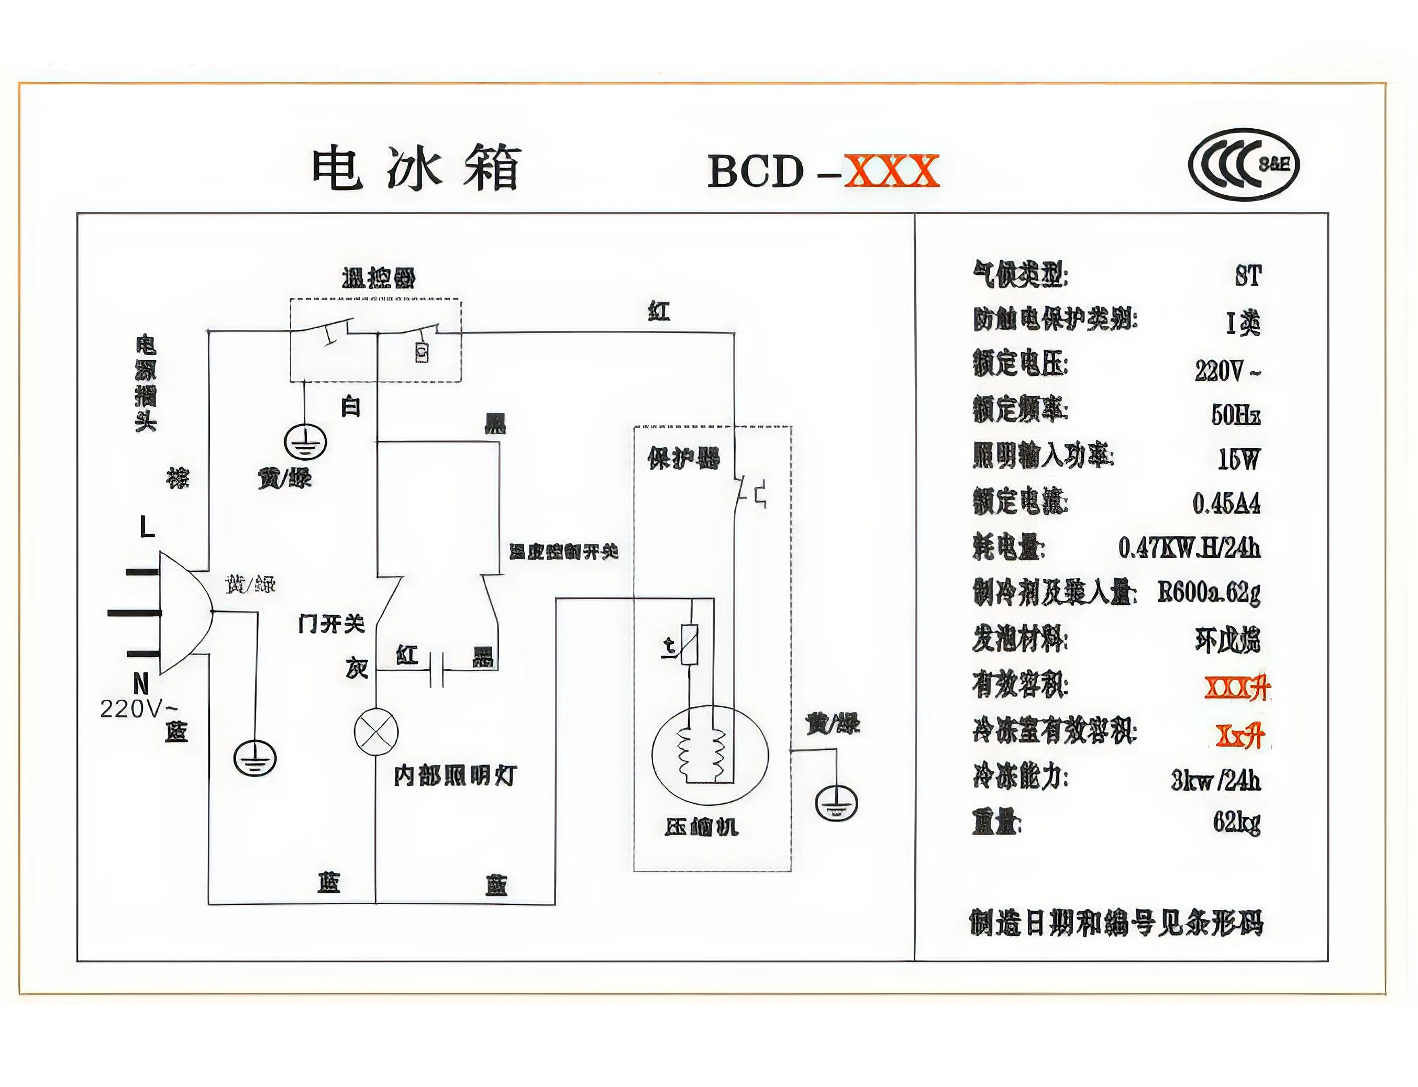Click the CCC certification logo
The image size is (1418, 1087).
point(1243,165)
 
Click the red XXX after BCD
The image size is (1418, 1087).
point(891,171)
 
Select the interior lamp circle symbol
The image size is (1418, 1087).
point(376,731)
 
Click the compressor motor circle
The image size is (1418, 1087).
point(710,755)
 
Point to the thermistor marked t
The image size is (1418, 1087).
point(690,645)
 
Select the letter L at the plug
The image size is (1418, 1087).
point(148,527)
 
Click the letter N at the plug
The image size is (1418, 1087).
point(141,683)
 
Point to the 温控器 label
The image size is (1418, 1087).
point(379,278)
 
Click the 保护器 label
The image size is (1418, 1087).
point(683,458)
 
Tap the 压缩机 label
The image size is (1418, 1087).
point(701,826)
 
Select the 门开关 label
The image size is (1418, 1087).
point(331,624)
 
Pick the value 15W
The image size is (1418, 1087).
point(1239,459)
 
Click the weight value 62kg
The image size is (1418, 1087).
point(1236,823)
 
